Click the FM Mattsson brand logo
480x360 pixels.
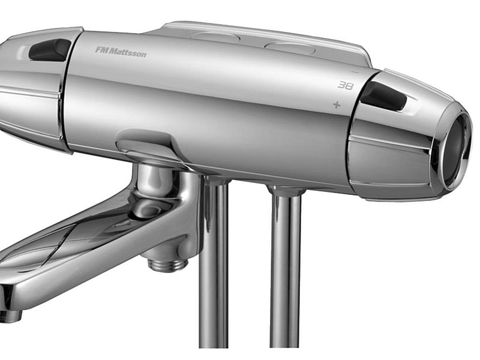click(121, 52)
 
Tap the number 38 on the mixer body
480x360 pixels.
click(345, 85)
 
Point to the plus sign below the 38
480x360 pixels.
click(337, 105)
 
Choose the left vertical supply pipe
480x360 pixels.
click(214, 264)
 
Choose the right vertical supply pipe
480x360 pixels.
click(286, 270)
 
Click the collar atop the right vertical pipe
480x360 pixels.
click(286, 191)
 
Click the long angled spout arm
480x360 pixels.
click(72, 240)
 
